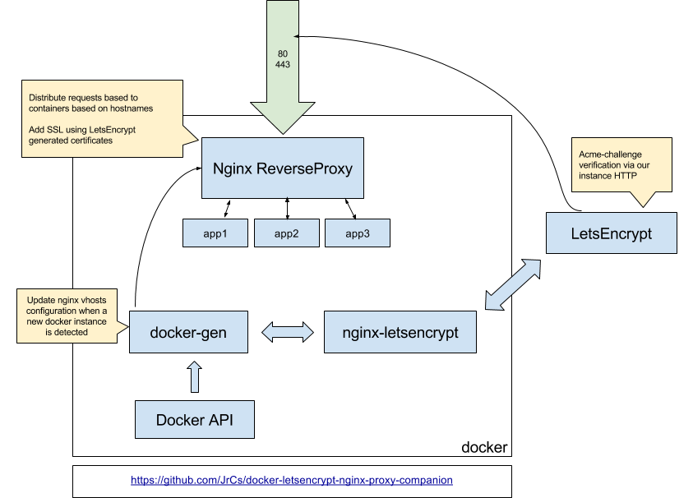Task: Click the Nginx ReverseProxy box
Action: [282, 169]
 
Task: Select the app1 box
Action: [215, 233]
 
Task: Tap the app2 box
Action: [286, 233]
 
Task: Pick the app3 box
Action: [357, 233]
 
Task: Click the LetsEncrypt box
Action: [611, 233]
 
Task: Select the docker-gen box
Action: [188, 332]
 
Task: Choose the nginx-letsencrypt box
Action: [400, 332]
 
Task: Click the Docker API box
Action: [194, 420]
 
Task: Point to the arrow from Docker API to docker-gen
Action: [194, 377]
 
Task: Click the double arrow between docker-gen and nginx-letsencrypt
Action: [287, 332]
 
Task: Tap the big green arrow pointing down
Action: [282, 82]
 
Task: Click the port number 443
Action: [283, 64]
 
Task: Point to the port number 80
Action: [283, 53]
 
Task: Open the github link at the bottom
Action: [292, 480]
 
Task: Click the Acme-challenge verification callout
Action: [621, 164]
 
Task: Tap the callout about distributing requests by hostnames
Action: [99, 118]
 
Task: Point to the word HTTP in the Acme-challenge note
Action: [639, 176]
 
